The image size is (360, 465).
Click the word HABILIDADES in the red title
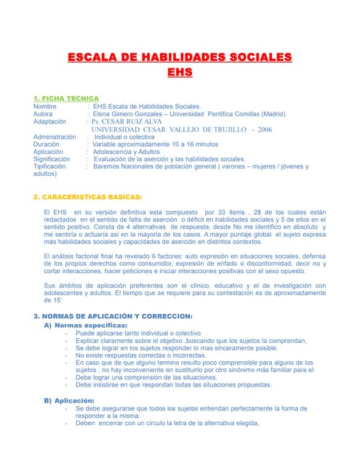coord(180,57)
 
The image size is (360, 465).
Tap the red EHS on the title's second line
coord(180,73)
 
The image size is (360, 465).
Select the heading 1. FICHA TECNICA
coord(66,98)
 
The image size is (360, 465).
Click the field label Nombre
coord(45,106)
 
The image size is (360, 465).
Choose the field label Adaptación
coord(50,121)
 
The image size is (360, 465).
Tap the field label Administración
coord(55,137)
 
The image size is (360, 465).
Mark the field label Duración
coord(47,144)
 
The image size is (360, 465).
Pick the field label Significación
coord(52,158)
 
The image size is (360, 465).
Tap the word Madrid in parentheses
coord(273,114)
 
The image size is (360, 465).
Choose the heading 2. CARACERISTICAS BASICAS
coord(88,197)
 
